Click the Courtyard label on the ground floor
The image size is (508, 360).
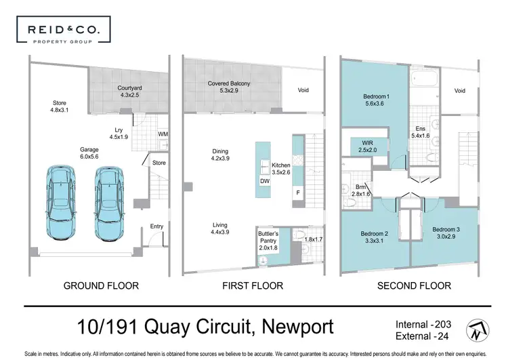click(x=129, y=92)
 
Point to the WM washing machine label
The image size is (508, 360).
click(x=163, y=134)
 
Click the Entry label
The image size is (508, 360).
click(x=156, y=226)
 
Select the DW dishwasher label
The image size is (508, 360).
click(x=264, y=181)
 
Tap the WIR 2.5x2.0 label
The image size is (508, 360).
click(x=364, y=146)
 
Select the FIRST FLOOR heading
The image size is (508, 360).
click(x=253, y=285)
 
